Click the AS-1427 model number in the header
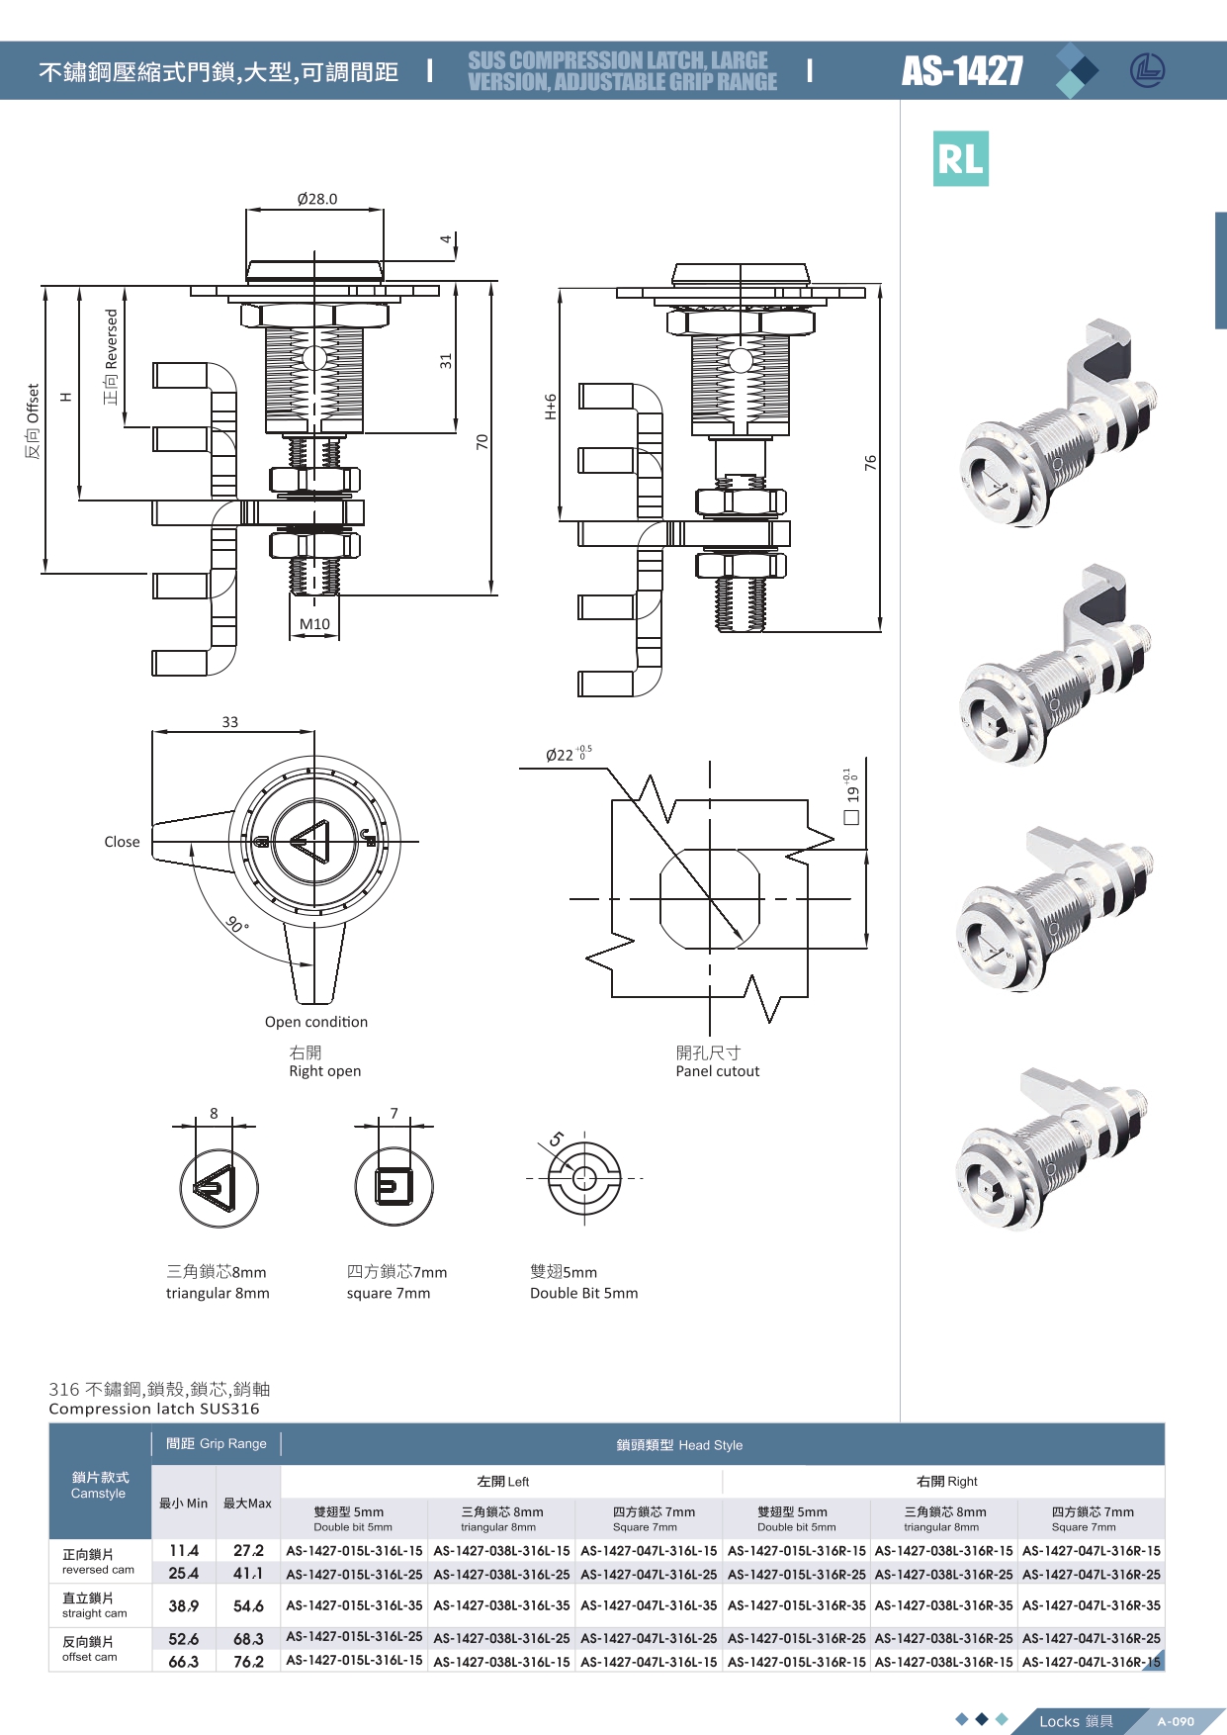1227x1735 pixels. point(962,71)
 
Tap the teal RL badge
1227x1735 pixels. point(960,159)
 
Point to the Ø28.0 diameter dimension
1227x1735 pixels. point(316,199)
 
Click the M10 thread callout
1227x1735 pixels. point(314,624)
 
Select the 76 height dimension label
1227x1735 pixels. point(870,462)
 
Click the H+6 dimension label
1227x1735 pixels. point(551,407)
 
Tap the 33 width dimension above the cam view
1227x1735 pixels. point(229,722)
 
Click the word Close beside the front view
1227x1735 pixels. point(122,842)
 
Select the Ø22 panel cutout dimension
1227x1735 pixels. point(561,755)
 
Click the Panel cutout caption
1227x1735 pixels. point(717,1071)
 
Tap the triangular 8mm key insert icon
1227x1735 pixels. point(219,1188)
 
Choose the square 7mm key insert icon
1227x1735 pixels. point(394,1186)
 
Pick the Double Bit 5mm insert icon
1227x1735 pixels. point(584,1179)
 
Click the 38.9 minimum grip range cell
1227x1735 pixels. point(183,1606)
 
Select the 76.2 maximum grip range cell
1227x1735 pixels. point(248,1662)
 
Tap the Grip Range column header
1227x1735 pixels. point(216,1444)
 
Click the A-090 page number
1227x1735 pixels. point(1176,1721)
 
